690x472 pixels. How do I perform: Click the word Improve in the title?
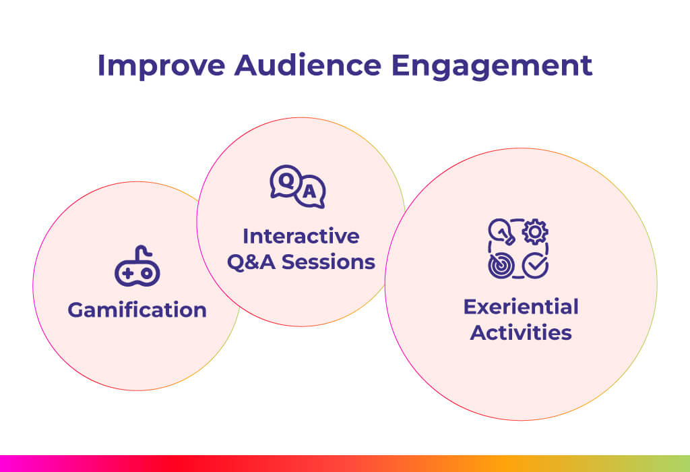(161, 65)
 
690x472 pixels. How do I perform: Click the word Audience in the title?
(307, 65)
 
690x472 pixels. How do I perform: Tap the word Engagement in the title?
(491, 67)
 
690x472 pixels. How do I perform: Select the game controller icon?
(137, 266)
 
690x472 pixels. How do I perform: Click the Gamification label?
(137, 310)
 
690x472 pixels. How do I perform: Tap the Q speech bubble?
(286, 181)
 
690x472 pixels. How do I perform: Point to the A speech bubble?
(310, 191)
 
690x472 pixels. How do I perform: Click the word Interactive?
(301, 236)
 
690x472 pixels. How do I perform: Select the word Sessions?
(328, 262)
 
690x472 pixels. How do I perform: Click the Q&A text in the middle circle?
(251, 262)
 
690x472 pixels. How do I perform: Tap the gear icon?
(535, 231)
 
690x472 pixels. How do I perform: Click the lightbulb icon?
(501, 231)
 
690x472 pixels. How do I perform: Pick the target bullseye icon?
(501, 266)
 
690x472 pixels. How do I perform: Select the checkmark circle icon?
(535, 266)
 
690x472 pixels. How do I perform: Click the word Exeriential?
(521, 307)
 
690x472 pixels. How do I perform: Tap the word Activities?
(521, 332)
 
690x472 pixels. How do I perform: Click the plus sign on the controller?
(128, 274)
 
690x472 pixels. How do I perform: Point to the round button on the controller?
(147, 274)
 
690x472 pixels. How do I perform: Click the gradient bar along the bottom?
(345, 464)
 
